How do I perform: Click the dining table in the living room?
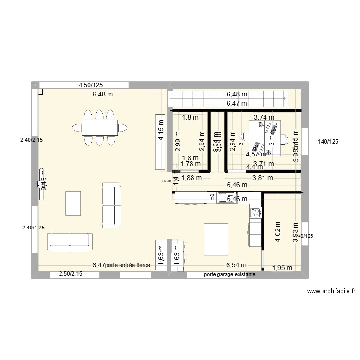coord(99,127)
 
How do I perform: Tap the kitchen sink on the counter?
coord(224,197)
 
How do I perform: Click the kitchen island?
coord(216,239)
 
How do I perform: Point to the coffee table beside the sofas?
coord(72,203)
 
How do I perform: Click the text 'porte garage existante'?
coord(229,275)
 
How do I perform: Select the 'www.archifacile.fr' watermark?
coord(330,291)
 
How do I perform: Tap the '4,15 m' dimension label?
coord(160,130)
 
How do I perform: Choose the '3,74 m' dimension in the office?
coord(264,117)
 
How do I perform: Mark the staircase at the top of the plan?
coord(229,99)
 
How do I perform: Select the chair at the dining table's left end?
coord(76,127)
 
